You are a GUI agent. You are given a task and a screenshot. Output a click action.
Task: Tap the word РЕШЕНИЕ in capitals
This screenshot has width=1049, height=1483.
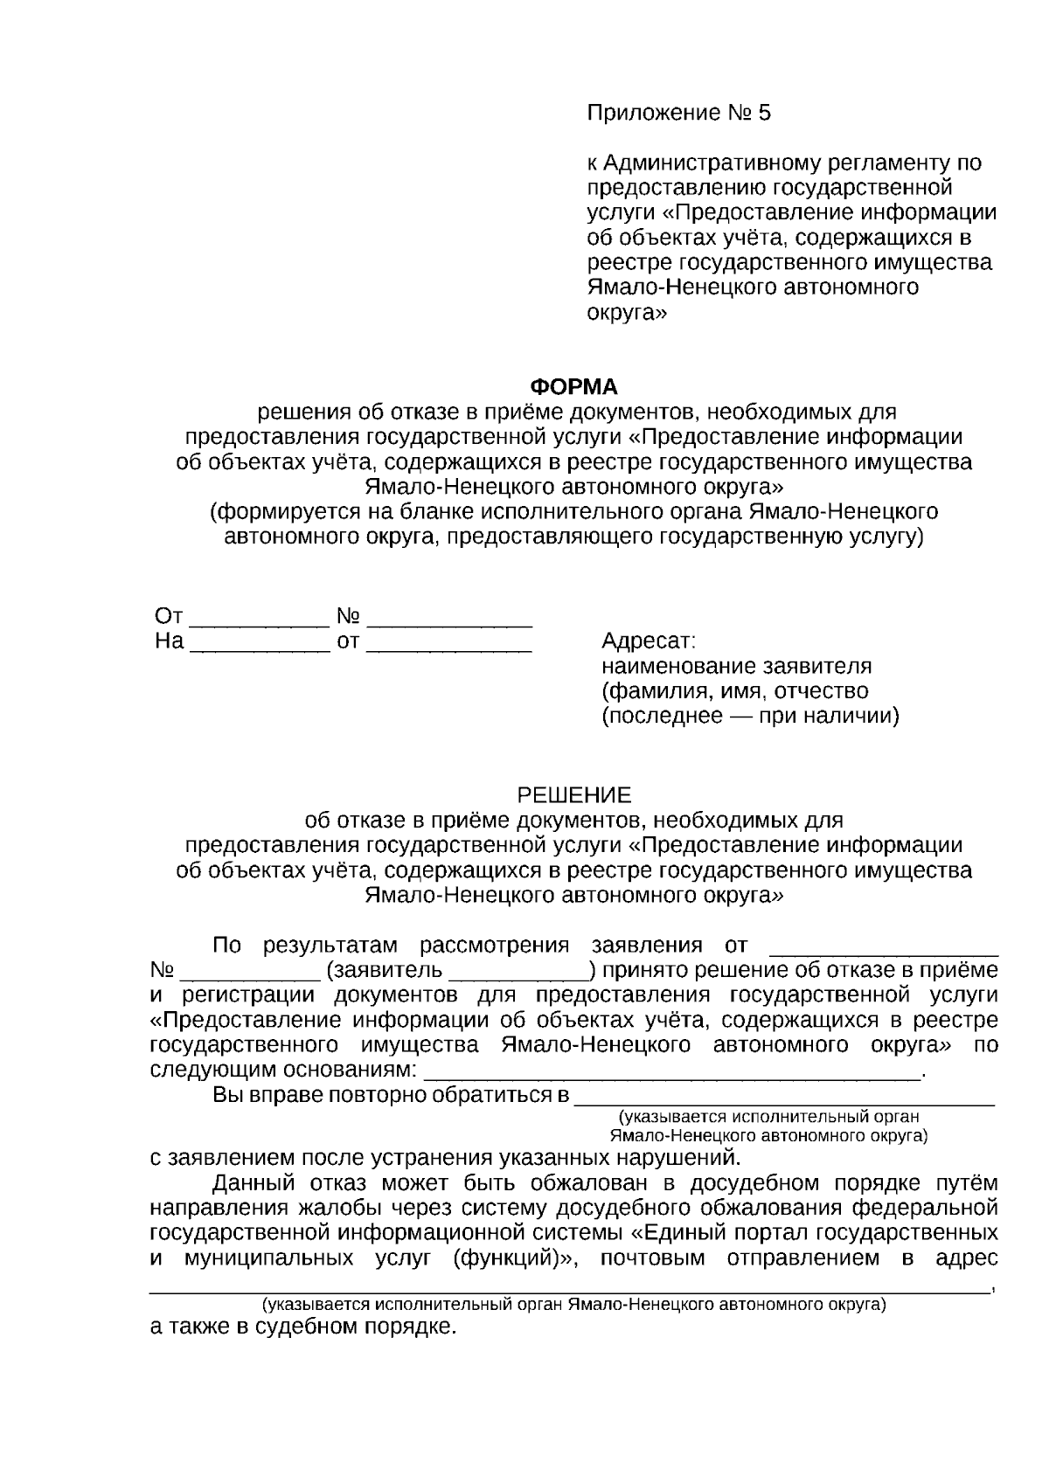coord(574,795)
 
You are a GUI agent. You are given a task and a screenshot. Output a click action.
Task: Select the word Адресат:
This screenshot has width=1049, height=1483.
coord(649,641)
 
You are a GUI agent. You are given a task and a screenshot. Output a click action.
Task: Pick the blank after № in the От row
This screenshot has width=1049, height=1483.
coord(449,622)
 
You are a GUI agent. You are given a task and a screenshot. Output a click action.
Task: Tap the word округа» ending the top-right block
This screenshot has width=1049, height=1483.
coord(626,312)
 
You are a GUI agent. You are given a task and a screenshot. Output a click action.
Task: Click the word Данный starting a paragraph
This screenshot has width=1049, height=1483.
coord(254,1184)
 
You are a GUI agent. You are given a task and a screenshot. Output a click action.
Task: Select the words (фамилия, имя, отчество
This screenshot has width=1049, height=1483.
coord(734,691)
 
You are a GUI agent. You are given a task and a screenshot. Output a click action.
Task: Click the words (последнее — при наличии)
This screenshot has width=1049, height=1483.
coord(750,717)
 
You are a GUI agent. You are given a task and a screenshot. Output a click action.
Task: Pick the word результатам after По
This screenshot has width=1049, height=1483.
coord(330,946)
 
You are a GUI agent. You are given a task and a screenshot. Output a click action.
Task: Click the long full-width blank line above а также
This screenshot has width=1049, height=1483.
coord(568,1288)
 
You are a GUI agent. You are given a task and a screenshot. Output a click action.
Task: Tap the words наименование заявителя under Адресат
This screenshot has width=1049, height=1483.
coord(736,667)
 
